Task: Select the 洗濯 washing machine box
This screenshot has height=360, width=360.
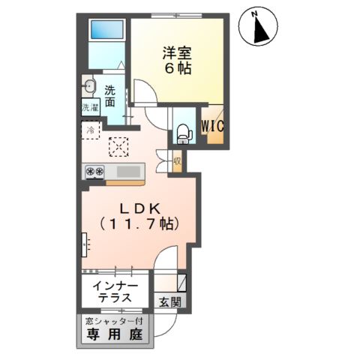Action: [x=89, y=107]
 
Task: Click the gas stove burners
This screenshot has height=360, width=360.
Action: [x=94, y=172]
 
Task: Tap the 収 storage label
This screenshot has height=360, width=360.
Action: [x=178, y=160]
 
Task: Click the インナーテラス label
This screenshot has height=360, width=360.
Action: [x=115, y=291]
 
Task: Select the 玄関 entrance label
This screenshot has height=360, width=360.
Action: [x=169, y=301]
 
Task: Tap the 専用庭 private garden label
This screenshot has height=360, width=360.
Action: [x=114, y=334]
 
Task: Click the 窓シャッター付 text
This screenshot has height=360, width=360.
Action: [x=114, y=320]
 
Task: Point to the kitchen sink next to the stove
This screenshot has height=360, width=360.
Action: [x=128, y=172]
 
